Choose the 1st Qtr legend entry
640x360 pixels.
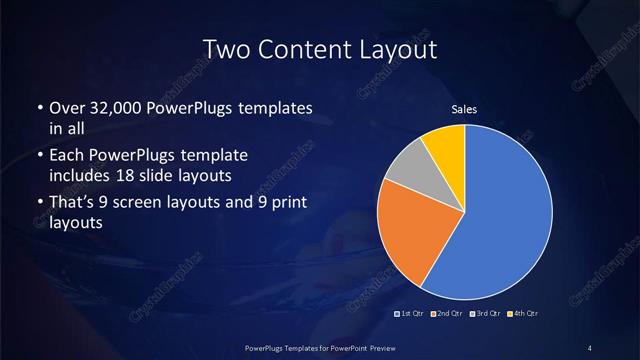(411, 315)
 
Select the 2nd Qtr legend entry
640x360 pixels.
(446, 315)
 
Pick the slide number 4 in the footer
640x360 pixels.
(590, 347)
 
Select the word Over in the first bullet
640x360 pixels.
(68, 108)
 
